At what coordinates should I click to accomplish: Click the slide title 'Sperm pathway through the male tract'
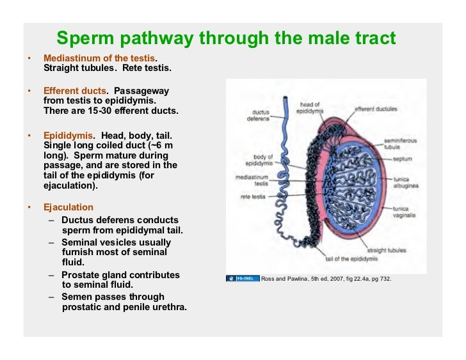click(x=226, y=39)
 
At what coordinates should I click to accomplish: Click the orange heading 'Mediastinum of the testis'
click(x=99, y=58)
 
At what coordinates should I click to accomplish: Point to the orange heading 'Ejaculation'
click(x=68, y=207)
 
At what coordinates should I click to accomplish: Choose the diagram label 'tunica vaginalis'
click(x=404, y=212)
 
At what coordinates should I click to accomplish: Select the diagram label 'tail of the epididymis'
click(x=351, y=258)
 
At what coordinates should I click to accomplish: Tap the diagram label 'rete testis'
click(x=254, y=197)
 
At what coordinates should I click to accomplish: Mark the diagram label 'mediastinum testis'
click(x=252, y=179)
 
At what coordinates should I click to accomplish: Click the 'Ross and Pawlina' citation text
click(x=326, y=279)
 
